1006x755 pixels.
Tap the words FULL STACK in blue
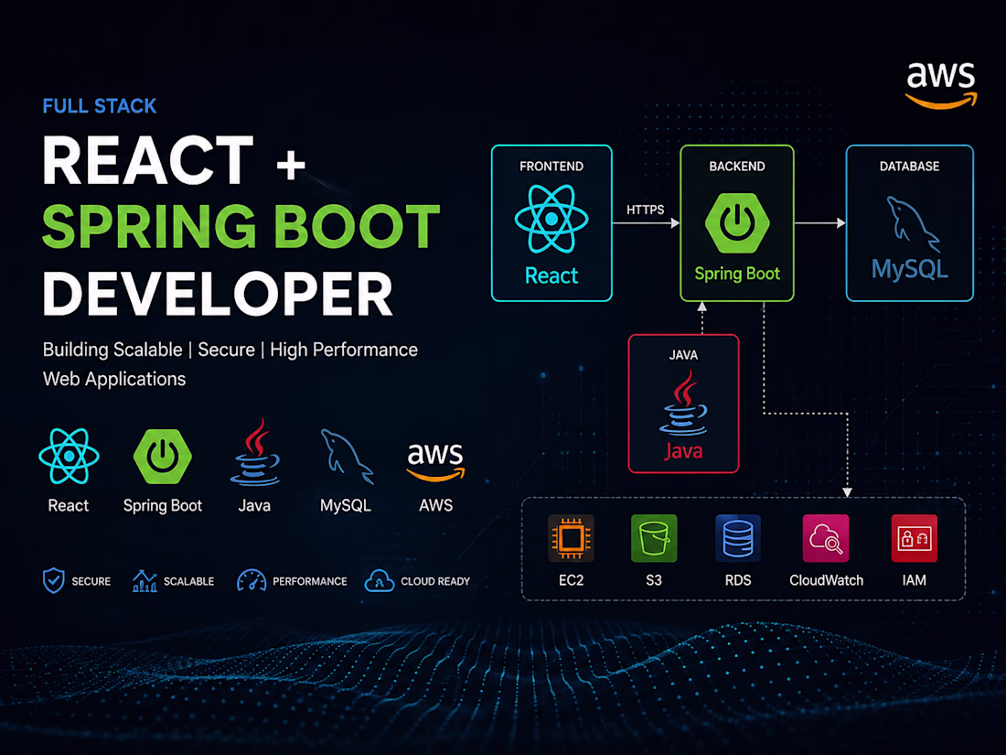[100, 106]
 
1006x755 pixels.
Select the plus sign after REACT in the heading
[291, 164]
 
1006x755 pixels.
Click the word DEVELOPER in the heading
[218, 294]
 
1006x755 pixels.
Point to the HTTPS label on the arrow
[645, 210]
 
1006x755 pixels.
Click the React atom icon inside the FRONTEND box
[551, 219]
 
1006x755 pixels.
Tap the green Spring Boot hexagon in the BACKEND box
[737, 222]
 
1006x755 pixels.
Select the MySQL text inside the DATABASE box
[909, 269]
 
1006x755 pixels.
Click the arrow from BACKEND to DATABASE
[820, 222]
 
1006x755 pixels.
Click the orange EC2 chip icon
[571, 538]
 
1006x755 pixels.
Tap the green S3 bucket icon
[654, 538]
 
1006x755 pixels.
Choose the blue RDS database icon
[738, 538]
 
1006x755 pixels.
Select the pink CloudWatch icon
[826, 538]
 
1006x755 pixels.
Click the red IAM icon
[915, 538]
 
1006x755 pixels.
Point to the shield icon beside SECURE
[54, 580]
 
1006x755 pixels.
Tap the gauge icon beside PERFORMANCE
[251, 580]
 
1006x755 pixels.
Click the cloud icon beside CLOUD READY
[380, 580]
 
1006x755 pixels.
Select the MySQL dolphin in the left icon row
[347, 457]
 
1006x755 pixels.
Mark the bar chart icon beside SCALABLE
[144, 580]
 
